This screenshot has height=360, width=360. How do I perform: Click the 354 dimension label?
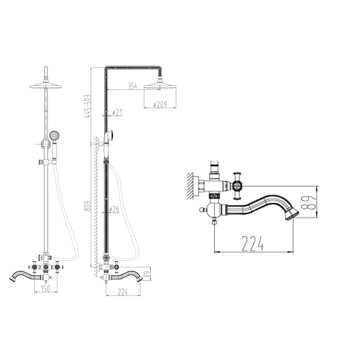(x=132, y=86)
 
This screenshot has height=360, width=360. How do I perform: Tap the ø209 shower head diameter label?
(x=160, y=104)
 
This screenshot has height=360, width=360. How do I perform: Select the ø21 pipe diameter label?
(x=117, y=112)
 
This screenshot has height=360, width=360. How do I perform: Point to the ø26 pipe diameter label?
(x=114, y=209)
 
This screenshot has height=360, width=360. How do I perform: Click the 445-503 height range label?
(x=88, y=106)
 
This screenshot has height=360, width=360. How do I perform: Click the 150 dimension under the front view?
(x=45, y=288)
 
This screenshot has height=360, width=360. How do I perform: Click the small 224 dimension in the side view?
(x=122, y=292)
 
